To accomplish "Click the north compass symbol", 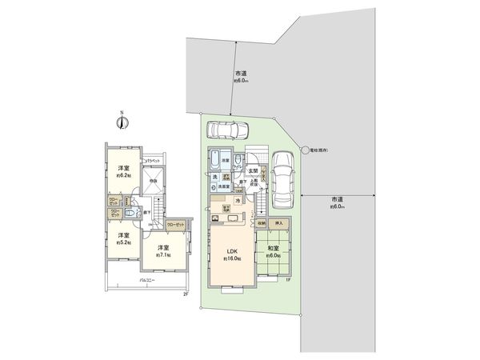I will pos(122,122).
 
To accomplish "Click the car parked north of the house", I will pos(228,130).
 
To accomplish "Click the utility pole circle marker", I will pos(305,150).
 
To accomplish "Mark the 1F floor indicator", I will pos(286,280).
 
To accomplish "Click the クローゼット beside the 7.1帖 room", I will pos(175,225).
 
